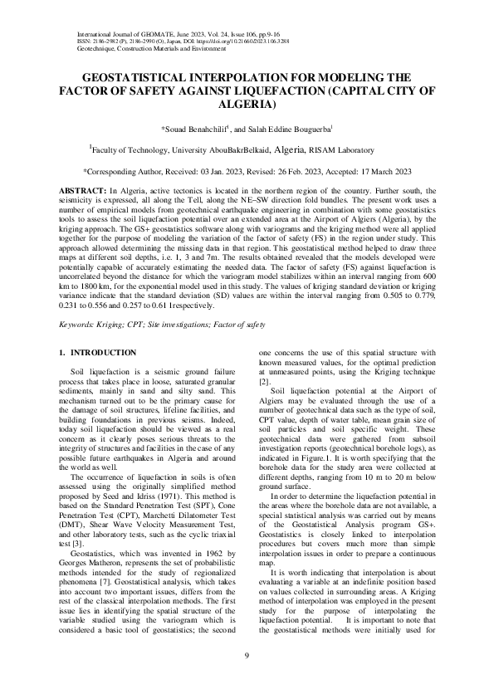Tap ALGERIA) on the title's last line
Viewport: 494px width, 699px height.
pos(247,105)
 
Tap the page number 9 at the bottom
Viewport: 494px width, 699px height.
pos(247,657)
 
